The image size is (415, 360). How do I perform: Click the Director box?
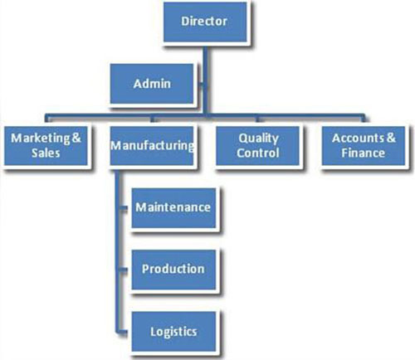click(x=205, y=22)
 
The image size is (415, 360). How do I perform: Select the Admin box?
click(x=152, y=84)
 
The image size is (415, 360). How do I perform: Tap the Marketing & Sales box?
click(x=46, y=146)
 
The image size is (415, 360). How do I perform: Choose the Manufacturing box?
click(x=152, y=146)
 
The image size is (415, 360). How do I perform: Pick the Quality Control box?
click(x=257, y=146)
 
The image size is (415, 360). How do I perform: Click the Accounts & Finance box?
click(x=364, y=146)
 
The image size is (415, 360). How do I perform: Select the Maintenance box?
click(x=173, y=208)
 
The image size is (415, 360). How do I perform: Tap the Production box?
click(x=173, y=270)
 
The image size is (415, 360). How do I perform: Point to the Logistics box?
click(x=173, y=332)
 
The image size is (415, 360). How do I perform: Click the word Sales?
click(x=46, y=153)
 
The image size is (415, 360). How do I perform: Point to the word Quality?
click(x=259, y=139)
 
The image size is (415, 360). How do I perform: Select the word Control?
click(x=257, y=153)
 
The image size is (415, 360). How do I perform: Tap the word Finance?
click(x=363, y=153)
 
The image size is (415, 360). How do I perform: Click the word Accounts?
click(x=358, y=138)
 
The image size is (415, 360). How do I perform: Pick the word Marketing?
click(x=41, y=139)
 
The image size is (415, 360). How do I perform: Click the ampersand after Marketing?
click(x=76, y=138)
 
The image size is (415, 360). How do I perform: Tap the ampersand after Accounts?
click(x=391, y=138)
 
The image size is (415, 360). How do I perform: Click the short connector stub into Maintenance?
click(x=124, y=208)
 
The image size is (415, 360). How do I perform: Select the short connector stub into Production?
click(x=124, y=270)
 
